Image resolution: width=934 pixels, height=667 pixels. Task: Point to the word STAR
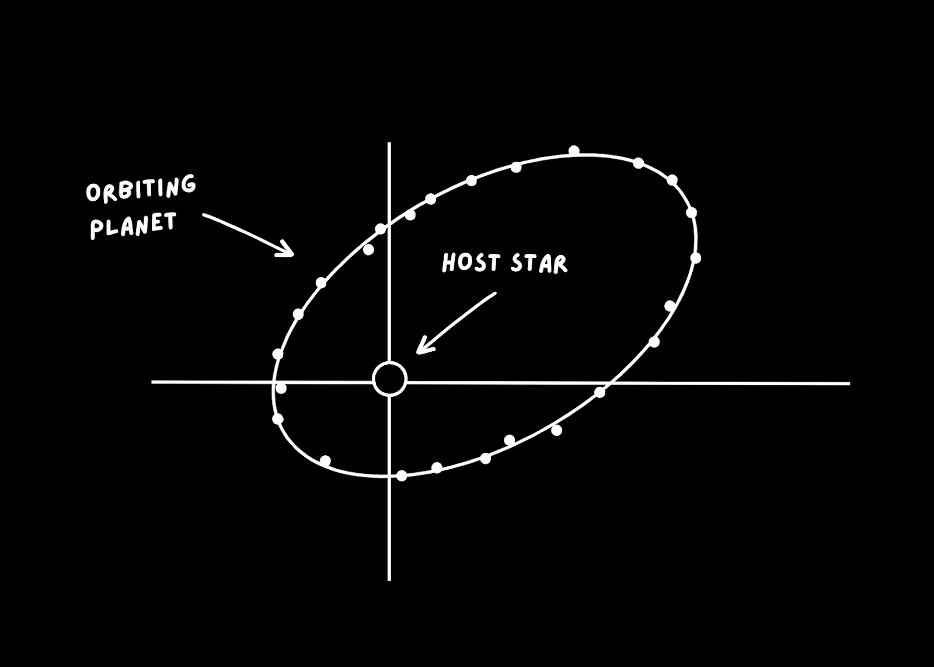(x=538, y=264)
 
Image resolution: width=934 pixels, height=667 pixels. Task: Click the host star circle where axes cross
(x=389, y=379)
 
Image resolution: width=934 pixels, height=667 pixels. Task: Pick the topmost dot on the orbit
(x=574, y=151)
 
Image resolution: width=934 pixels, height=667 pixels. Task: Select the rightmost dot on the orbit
(x=695, y=257)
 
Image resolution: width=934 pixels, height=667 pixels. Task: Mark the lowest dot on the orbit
(x=401, y=476)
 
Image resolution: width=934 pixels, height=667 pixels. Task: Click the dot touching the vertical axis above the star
(x=381, y=229)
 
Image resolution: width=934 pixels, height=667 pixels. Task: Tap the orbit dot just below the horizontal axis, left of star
(x=281, y=389)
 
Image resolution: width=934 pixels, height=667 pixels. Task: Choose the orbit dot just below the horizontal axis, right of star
(x=600, y=392)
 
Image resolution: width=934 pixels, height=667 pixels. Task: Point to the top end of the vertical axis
(x=389, y=144)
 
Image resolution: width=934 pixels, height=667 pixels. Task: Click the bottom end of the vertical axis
(x=389, y=579)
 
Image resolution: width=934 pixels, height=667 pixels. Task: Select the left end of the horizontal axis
(x=153, y=382)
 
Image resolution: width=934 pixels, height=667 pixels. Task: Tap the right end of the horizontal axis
(x=849, y=383)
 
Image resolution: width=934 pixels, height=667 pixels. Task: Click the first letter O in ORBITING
(x=94, y=194)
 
